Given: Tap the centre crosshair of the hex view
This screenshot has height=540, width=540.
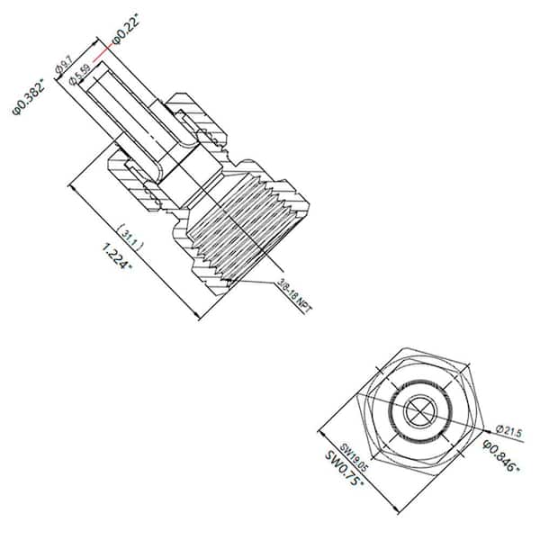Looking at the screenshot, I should click(421, 410).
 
